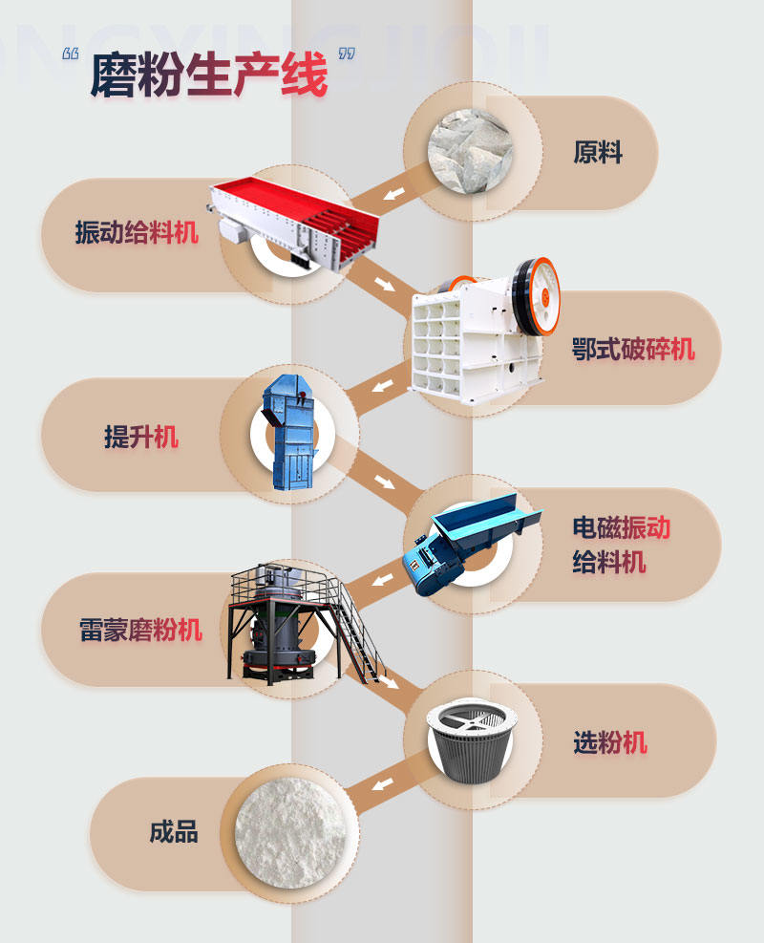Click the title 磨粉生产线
(x=208, y=75)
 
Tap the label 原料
(x=598, y=152)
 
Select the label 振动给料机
(x=138, y=232)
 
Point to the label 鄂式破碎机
(x=633, y=349)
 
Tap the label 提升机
(x=141, y=437)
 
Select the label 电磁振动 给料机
(x=622, y=543)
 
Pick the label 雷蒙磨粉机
(x=140, y=631)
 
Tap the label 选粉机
(x=610, y=741)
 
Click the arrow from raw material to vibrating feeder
(x=392, y=196)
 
